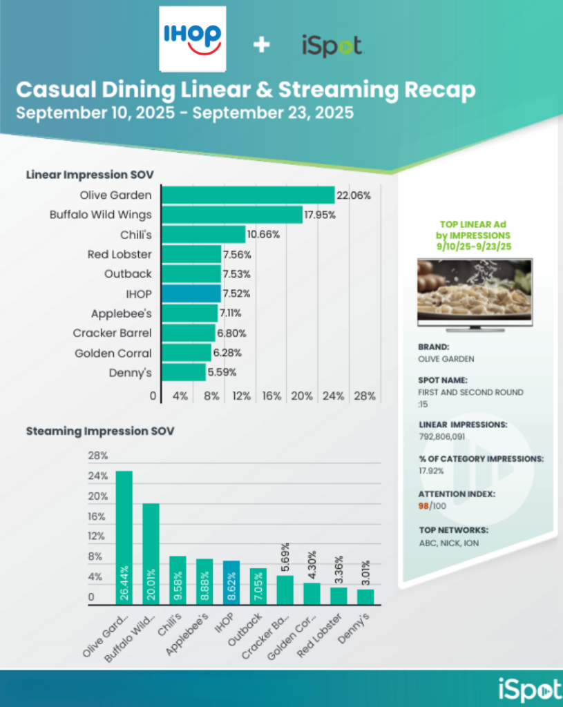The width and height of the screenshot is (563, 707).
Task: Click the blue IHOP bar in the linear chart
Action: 191,293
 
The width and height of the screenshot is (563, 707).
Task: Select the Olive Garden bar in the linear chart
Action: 248,195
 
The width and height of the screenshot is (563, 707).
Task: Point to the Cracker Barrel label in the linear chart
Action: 112,333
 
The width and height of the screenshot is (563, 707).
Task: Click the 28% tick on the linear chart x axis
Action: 365,396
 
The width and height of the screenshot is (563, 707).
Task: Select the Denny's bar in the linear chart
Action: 184,373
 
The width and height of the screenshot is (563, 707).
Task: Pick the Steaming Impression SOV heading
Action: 100,431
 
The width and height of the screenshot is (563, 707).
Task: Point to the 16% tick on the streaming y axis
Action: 97,516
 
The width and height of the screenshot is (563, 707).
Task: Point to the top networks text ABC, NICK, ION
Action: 448,543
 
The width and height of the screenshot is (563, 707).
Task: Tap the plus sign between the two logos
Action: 261,46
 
